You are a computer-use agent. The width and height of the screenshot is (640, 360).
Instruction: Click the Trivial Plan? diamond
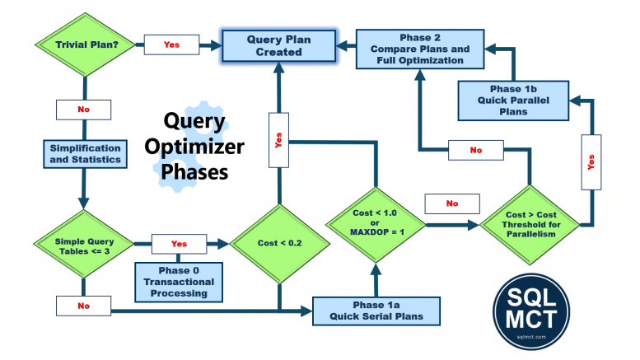tap(83, 44)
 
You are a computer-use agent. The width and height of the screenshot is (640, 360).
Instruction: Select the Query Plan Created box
tap(278, 45)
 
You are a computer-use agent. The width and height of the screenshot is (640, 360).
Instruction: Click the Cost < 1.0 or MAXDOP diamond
tap(375, 222)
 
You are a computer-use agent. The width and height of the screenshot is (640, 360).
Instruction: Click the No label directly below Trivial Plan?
tap(83, 110)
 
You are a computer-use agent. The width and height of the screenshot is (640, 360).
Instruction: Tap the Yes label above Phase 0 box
tap(179, 245)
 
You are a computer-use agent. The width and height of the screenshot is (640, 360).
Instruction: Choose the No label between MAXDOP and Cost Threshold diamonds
tap(452, 203)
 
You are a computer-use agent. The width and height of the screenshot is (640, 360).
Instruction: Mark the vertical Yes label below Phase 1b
tap(590, 163)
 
